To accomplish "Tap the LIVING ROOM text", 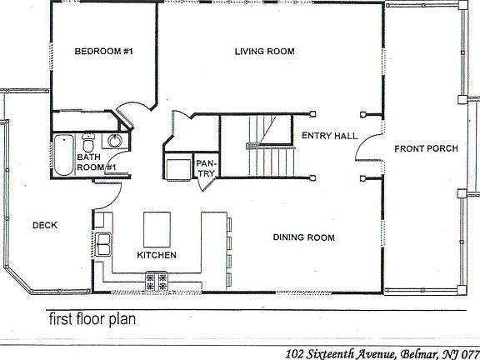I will pyautogui.click(x=265, y=52).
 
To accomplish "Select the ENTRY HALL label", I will pyautogui.click(x=329, y=136).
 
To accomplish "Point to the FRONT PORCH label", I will pyautogui.click(x=426, y=149).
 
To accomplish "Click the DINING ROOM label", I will pyautogui.click(x=304, y=237).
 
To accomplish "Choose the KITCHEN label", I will pyautogui.click(x=157, y=255).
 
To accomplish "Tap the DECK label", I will pyautogui.click(x=44, y=225).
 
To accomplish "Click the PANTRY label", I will pyautogui.click(x=206, y=167).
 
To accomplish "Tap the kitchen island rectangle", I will pyautogui.click(x=157, y=226).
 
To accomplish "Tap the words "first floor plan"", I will pyautogui.click(x=91, y=317).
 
